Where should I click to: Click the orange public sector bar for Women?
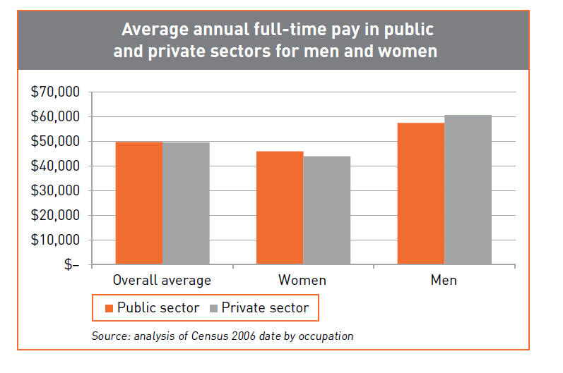click(280, 208)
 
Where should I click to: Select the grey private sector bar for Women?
click(326, 210)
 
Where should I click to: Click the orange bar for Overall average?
click(138, 203)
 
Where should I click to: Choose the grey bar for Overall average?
click(186, 204)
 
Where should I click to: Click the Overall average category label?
click(162, 280)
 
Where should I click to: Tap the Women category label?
click(302, 280)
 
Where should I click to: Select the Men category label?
click(444, 280)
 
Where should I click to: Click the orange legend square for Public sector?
click(109, 307)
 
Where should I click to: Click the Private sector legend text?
click(265, 307)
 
